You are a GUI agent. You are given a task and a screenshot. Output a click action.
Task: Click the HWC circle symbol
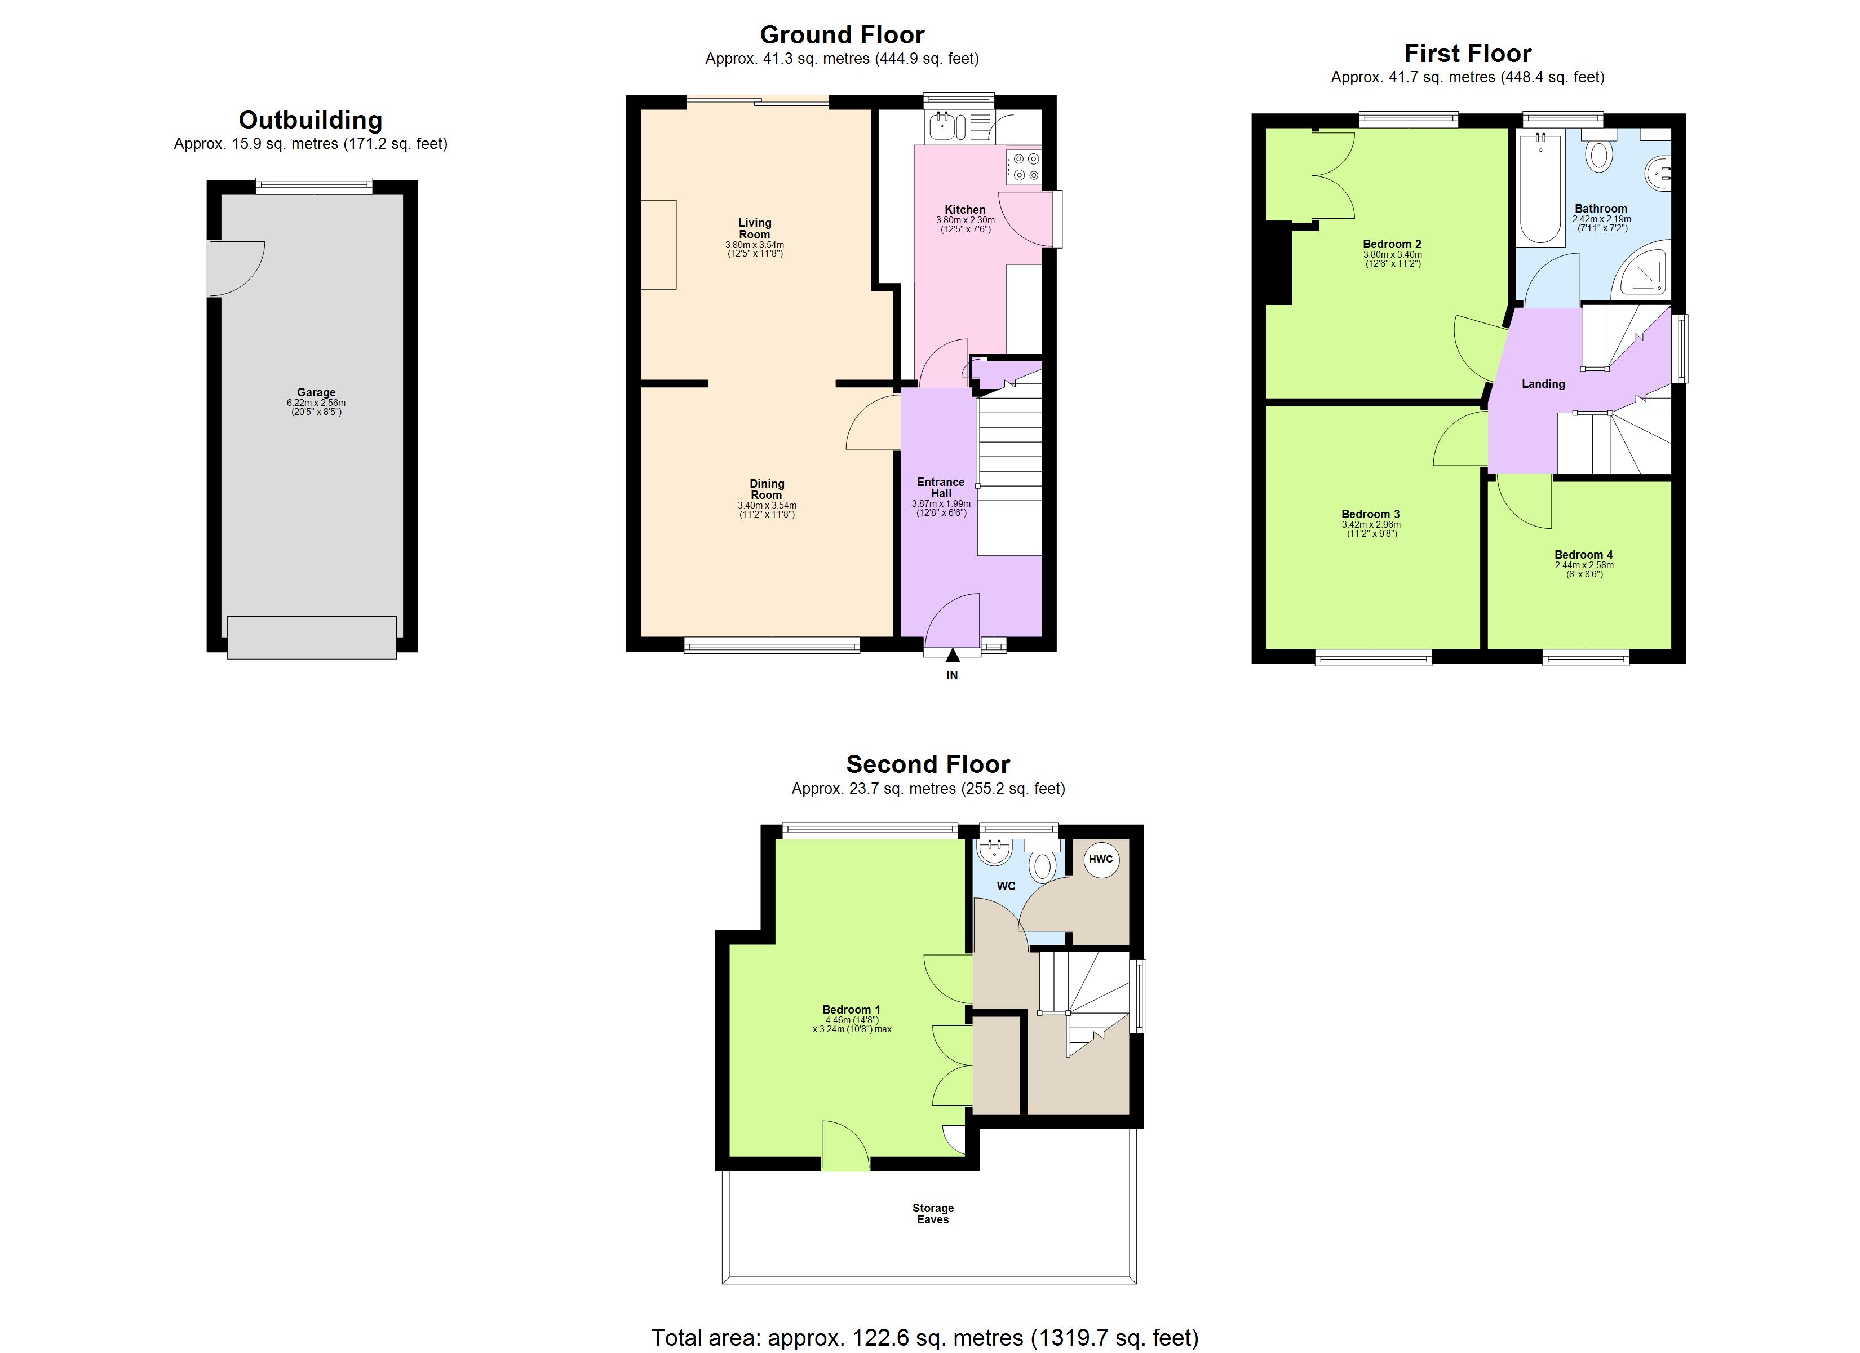pyautogui.click(x=1101, y=860)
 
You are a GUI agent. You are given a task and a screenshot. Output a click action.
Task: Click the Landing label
pyautogui.click(x=1543, y=384)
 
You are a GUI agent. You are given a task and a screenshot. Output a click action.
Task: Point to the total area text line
pyautogui.click(x=924, y=1337)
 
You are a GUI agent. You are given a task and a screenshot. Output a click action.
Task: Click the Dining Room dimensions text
pyautogui.click(x=766, y=510)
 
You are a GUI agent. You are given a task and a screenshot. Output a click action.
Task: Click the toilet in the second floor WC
pyautogui.click(x=1042, y=865)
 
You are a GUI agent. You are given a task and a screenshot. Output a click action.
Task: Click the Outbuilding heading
pyautogui.click(x=310, y=120)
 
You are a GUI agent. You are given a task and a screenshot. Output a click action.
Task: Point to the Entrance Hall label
pyautogui.click(x=941, y=488)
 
